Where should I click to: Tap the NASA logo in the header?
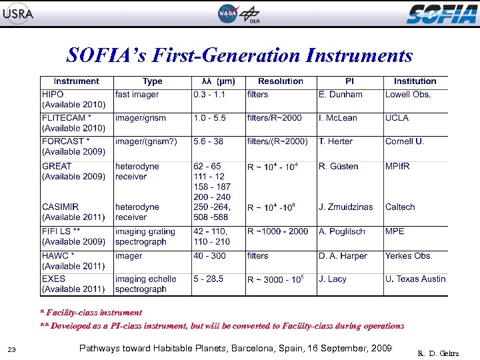click(x=227, y=13)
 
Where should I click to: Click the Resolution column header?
click(x=280, y=81)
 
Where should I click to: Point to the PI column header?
click(x=349, y=81)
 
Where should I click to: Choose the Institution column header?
click(x=415, y=81)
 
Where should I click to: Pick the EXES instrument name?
click(x=54, y=279)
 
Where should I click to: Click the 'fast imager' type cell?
click(x=137, y=95)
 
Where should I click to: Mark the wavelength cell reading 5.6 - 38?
click(x=209, y=141)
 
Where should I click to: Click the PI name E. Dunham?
click(x=341, y=95)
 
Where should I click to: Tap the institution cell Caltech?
click(x=400, y=207)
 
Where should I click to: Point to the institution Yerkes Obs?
click(x=409, y=256)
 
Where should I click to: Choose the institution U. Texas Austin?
click(x=415, y=279)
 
